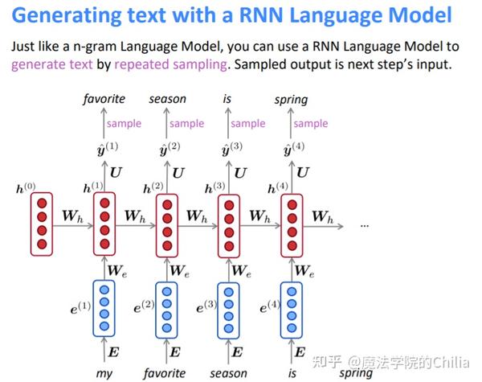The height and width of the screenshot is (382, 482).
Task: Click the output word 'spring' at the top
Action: click(x=290, y=100)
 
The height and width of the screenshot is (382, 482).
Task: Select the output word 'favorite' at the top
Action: click(x=104, y=99)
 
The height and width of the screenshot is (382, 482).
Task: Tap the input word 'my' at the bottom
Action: click(x=104, y=373)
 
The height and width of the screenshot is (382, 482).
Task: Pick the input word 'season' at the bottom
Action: click(x=229, y=373)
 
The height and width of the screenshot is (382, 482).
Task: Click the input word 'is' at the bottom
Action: click(x=292, y=373)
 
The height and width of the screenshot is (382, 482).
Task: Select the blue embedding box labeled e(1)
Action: click(x=104, y=306)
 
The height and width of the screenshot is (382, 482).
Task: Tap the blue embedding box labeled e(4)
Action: click(x=291, y=306)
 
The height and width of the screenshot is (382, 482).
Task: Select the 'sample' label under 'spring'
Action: click(x=310, y=123)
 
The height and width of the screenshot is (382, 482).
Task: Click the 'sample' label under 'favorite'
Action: click(x=124, y=123)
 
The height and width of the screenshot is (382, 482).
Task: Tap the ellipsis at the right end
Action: click(x=364, y=225)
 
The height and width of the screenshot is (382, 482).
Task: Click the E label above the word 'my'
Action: click(x=116, y=351)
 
